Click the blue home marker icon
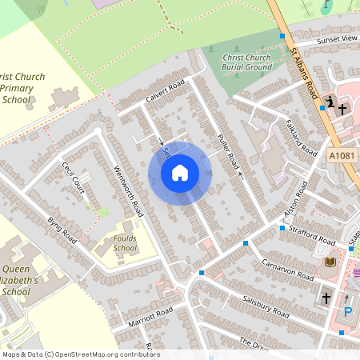click(180, 173)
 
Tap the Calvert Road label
click(165, 91)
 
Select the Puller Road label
click(228, 151)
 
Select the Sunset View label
click(337, 38)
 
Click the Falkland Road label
click(301, 133)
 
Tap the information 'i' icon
click(330, 102)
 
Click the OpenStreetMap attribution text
click(80, 354)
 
